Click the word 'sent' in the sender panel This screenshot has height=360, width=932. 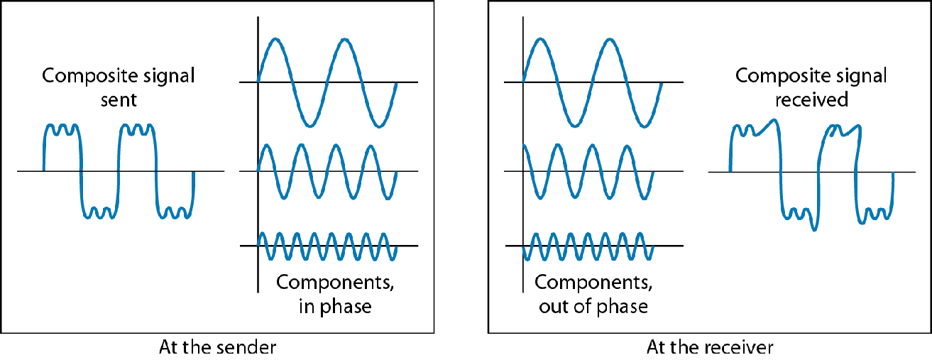pyautogui.click(x=119, y=99)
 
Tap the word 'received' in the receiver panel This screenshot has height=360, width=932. pyautogui.click(x=811, y=99)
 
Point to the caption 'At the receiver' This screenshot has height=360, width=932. pyautogui.click(x=710, y=348)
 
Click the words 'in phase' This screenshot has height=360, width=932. pyautogui.click(x=335, y=307)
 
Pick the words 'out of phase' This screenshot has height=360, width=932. pyautogui.click(x=593, y=307)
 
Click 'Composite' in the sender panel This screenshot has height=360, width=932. pyautogui.click(x=87, y=76)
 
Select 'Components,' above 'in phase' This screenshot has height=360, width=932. pyautogui.click(x=335, y=283)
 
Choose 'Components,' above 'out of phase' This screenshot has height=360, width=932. pyautogui.click(x=593, y=283)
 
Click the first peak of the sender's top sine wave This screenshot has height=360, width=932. pyautogui.click(x=274, y=40)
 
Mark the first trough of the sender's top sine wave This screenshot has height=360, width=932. pyautogui.click(x=309, y=126)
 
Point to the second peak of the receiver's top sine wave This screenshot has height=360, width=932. pyautogui.click(x=608, y=39)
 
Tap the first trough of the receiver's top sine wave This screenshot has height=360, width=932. pyautogui.click(x=574, y=126)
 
